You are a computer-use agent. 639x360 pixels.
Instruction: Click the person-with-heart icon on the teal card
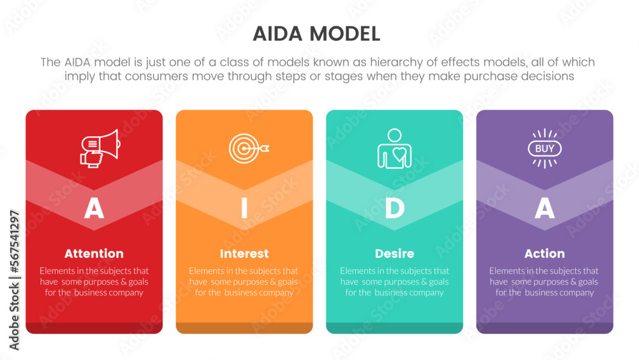394,148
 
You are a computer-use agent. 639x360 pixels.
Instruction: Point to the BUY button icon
544,148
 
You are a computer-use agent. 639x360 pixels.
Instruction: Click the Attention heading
94,253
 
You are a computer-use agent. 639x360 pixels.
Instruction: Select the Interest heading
244,253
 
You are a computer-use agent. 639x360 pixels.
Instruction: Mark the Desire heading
394,253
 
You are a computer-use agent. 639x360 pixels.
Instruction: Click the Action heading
544,253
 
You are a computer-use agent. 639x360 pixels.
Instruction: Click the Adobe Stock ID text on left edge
14,280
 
